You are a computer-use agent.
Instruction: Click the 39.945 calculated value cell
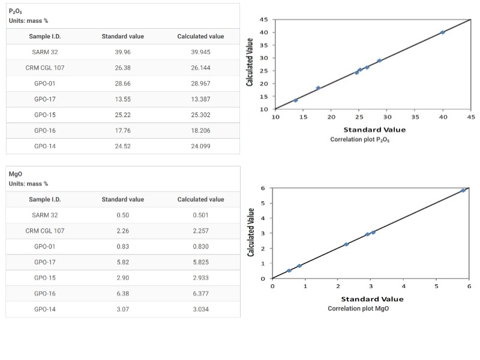[200, 52]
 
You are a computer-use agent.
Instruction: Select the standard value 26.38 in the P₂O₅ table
[122, 68]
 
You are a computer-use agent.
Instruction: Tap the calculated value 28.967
[200, 83]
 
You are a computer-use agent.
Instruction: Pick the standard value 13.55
[122, 99]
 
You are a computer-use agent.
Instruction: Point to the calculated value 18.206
[200, 130]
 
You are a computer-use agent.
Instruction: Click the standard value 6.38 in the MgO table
[122, 293]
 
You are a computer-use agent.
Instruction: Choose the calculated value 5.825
[200, 262]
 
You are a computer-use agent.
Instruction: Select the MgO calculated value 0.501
[200, 215]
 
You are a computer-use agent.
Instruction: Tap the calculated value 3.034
[200, 309]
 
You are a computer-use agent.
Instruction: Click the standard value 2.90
[122, 278]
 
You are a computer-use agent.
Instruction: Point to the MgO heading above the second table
[16, 175]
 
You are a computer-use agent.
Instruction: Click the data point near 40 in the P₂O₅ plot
[442, 32]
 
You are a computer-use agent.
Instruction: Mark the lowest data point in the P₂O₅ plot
[295, 100]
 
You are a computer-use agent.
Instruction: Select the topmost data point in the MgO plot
[463, 190]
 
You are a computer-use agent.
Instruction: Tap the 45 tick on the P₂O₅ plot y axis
[263, 20]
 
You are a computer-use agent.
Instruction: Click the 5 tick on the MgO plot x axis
[436, 286]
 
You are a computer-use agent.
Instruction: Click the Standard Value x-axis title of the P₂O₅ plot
[374, 130]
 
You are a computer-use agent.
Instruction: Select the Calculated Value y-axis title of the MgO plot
[253, 233]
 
